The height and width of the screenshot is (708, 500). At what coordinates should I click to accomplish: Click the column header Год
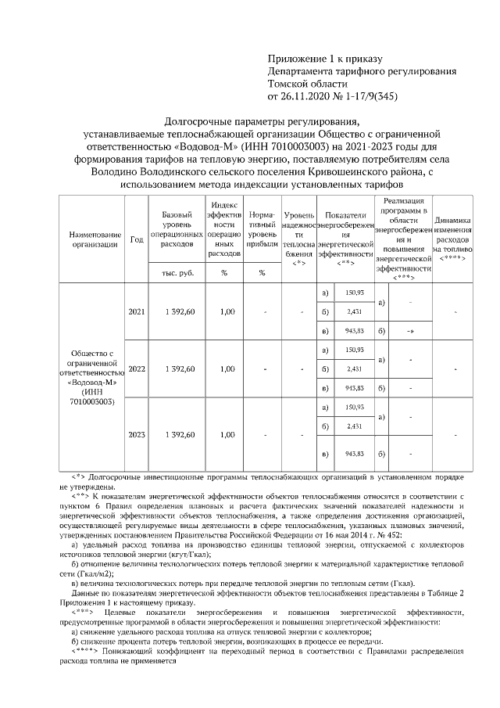[x=136, y=239]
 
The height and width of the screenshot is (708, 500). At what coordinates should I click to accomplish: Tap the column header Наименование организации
[x=95, y=239]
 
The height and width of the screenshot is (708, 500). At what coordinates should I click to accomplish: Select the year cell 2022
[x=136, y=368]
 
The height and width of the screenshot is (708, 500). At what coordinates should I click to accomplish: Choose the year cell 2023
[x=136, y=434]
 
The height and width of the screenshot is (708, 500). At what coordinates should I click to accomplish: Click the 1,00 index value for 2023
[x=227, y=434]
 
